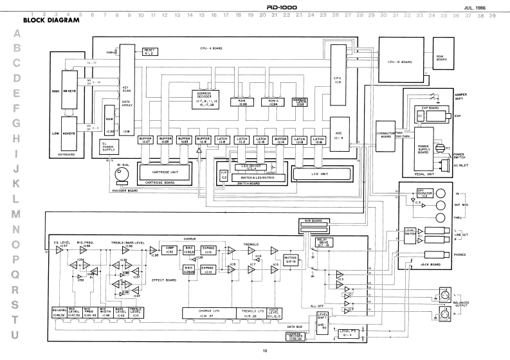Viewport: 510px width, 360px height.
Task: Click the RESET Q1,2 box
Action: (x=150, y=51)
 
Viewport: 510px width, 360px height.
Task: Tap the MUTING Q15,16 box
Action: (x=291, y=258)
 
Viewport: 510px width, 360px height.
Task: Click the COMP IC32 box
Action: (x=170, y=249)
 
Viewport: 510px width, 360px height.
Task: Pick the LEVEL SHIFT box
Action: (x=323, y=316)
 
